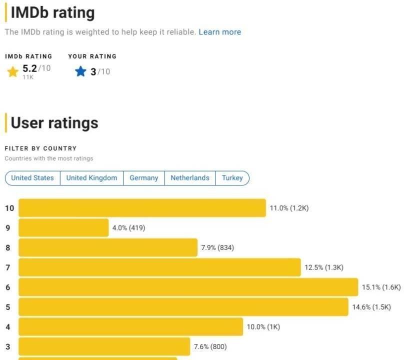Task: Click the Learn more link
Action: [219, 32]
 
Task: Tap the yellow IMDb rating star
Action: [12, 72]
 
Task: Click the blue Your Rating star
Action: [80, 71]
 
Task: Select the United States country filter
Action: [32, 178]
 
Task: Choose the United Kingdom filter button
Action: [91, 178]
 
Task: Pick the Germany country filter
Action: [144, 178]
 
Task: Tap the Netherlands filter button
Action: [190, 178]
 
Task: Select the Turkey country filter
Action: [232, 178]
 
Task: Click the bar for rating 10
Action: [142, 208]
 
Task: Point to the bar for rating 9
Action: [63, 228]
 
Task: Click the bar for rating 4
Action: [130, 327]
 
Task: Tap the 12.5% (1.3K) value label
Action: [324, 267]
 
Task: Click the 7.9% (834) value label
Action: [217, 247]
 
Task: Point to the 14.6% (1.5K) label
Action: [371, 307]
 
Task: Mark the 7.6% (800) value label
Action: [210, 346]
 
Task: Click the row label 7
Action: [7, 267]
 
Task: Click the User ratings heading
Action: [54, 123]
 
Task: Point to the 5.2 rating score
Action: [29, 68]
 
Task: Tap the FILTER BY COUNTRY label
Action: [40, 148]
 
